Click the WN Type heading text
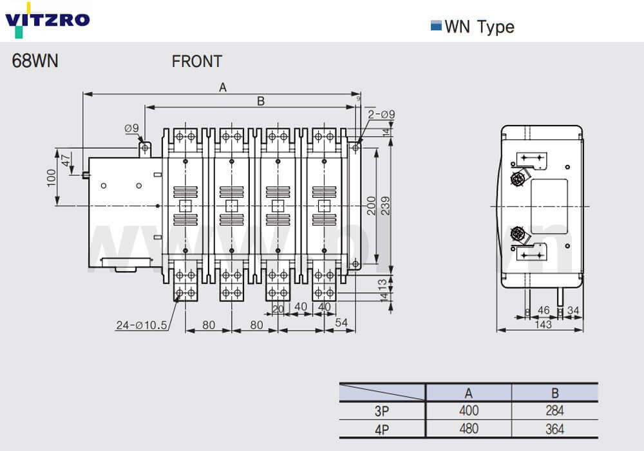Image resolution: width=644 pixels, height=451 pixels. coord(479,26)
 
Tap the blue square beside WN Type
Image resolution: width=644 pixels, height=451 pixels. coord(435,26)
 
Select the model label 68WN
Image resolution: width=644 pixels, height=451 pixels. coord(35,61)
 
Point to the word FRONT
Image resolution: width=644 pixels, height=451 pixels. coord(196,61)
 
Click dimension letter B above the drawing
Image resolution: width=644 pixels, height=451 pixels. coord(261,101)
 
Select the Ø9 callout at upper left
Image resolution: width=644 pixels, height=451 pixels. coord(131,128)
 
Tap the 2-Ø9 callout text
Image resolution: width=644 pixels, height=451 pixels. coord(381,115)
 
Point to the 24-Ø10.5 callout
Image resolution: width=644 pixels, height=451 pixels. coord(143,325)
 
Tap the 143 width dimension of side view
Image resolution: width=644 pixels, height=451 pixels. coord(543,325)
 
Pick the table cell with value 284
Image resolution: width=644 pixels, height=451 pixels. coord(554,410)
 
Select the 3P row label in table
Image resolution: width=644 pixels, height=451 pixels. coord(382,410)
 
